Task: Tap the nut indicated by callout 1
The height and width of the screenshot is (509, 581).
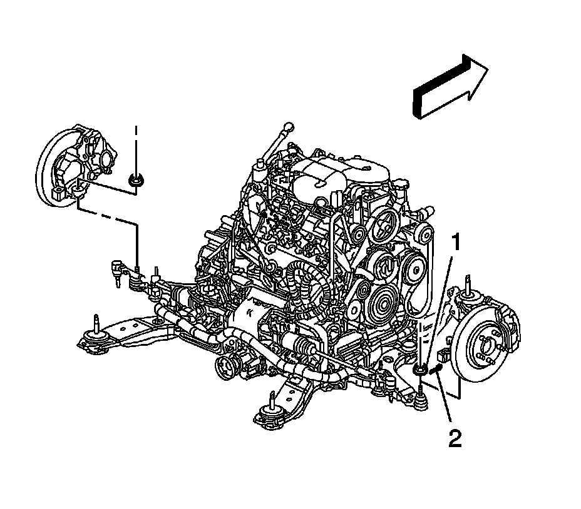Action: [x=420, y=371]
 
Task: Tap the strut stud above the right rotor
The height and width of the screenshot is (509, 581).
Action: [x=466, y=282]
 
